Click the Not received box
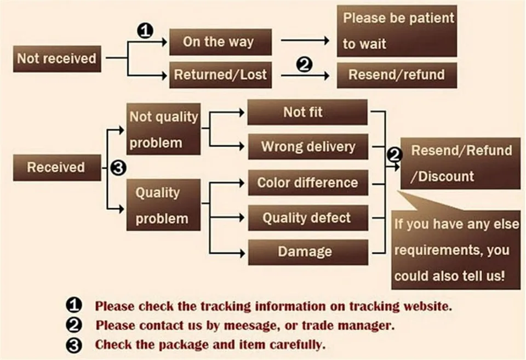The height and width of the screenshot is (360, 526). click(x=57, y=59)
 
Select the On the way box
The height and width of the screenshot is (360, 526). click(x=220, y=42)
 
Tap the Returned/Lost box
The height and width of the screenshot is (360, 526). click(x=220, y=75)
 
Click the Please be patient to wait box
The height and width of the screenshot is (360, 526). click(x=397, y=31)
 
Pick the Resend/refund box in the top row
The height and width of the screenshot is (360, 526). click(x=397, y=75)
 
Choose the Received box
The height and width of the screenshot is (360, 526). click(x=57, y=167)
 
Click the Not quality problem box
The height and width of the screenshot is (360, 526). click(x=163, y=130)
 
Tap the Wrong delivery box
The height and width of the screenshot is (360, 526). click(x=307, y=147)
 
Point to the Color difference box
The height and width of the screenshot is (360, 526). click(x=307, y=182)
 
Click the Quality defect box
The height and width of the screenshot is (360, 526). click(x=307, y=218)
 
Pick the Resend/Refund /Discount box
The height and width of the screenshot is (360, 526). click(x=460, y=163)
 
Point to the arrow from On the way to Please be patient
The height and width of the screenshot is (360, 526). click(x=305, y=41)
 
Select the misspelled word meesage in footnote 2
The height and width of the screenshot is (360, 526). click(x=247, y=325)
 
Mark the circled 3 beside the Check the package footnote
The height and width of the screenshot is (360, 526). click(x=74, y=345)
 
